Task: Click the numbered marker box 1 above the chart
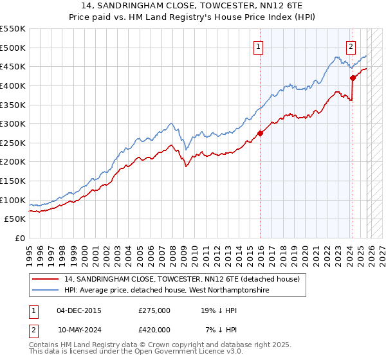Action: click(258, 46)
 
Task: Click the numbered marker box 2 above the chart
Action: click(351, 46)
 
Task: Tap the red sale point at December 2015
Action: click(261, 134)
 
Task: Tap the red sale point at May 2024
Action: click(353, 78)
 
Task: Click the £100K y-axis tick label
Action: click(14, 200)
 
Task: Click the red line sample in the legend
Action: click(46, 279)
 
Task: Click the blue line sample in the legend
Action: click(46, 291)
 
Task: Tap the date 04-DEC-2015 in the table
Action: click(78, 310)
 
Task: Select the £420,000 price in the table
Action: click(154, 330)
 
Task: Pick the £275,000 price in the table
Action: click(154, 310)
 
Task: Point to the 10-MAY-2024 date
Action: click(79, 330)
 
